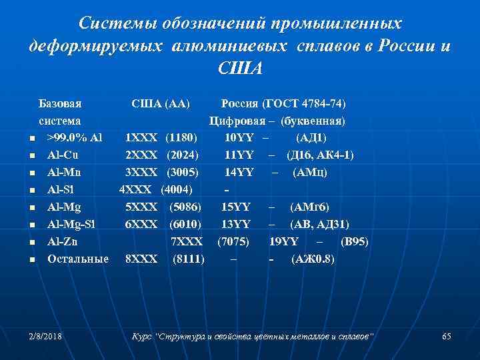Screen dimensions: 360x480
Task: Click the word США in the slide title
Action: coord(240,69)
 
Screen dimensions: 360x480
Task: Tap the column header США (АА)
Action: coord(161,104)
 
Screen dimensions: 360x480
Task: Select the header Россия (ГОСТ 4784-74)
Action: coord(283,104)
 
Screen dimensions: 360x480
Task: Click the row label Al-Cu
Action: coord(65,155)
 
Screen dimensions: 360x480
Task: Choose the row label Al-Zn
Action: coord(64,241)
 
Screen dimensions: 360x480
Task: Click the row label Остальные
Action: coord(77,259)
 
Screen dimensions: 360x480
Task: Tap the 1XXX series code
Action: coord(141,138)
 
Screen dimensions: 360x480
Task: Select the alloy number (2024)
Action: coord(181,155)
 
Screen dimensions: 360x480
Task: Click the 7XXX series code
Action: coord(187,241)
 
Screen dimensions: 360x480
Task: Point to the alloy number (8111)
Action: coord(189,259)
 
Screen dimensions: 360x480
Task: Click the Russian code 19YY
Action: coord(285,241)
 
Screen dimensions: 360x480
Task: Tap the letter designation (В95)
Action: coord(354,241)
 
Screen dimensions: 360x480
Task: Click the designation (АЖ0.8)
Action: coord(313,259)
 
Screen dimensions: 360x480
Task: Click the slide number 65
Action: coord(447,337)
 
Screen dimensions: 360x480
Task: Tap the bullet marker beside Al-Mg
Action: coord(32,208)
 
